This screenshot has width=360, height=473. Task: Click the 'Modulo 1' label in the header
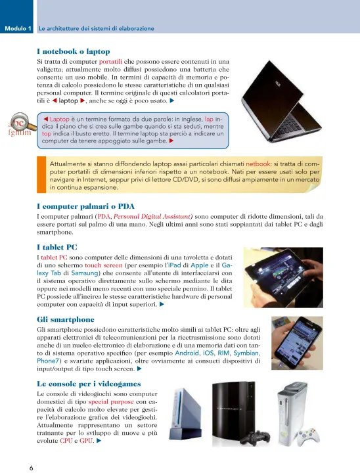click(x=18, y=29)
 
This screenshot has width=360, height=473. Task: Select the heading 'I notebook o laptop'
click(x=74, y=51)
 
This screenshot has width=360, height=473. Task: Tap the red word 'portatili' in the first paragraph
click(x=110, y=62)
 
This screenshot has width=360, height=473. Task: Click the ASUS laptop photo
click(x=281, y=101)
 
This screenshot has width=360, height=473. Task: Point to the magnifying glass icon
click(x=21, y=123)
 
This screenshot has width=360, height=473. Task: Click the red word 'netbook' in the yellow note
click(x=258, y=164)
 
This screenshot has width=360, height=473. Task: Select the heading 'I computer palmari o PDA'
click(x=85, y=206)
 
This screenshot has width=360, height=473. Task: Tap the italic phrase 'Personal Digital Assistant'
click(x=153, y=216)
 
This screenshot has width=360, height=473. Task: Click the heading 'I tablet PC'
click(x=57, y=248)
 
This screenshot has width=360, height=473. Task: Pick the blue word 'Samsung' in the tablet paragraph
click(x=85, y=273)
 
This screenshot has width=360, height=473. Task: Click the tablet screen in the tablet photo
click(x=275, y=273)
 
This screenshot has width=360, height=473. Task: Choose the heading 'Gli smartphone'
click(x=66, y=319)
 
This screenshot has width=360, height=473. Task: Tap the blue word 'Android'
click(x=187, y=353)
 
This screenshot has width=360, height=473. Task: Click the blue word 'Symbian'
click(x=246, y=353)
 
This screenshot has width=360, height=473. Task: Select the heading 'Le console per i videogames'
click(x=89, y=384)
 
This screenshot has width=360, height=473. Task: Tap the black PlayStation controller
click(x=256, y=438)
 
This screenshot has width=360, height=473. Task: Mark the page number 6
click(x=32, y=468)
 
